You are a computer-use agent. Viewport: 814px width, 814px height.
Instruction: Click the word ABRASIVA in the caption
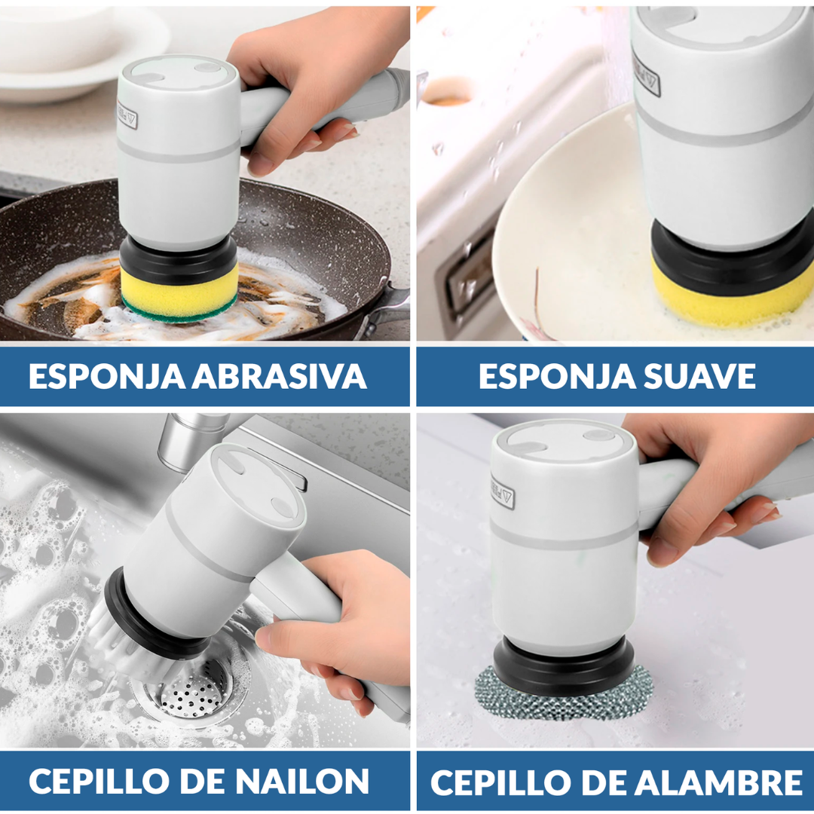click(279, 376)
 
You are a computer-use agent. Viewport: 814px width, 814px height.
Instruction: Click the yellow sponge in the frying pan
click(179, 289)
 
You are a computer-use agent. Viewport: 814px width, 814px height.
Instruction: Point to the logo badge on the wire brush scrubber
click(503, 491)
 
